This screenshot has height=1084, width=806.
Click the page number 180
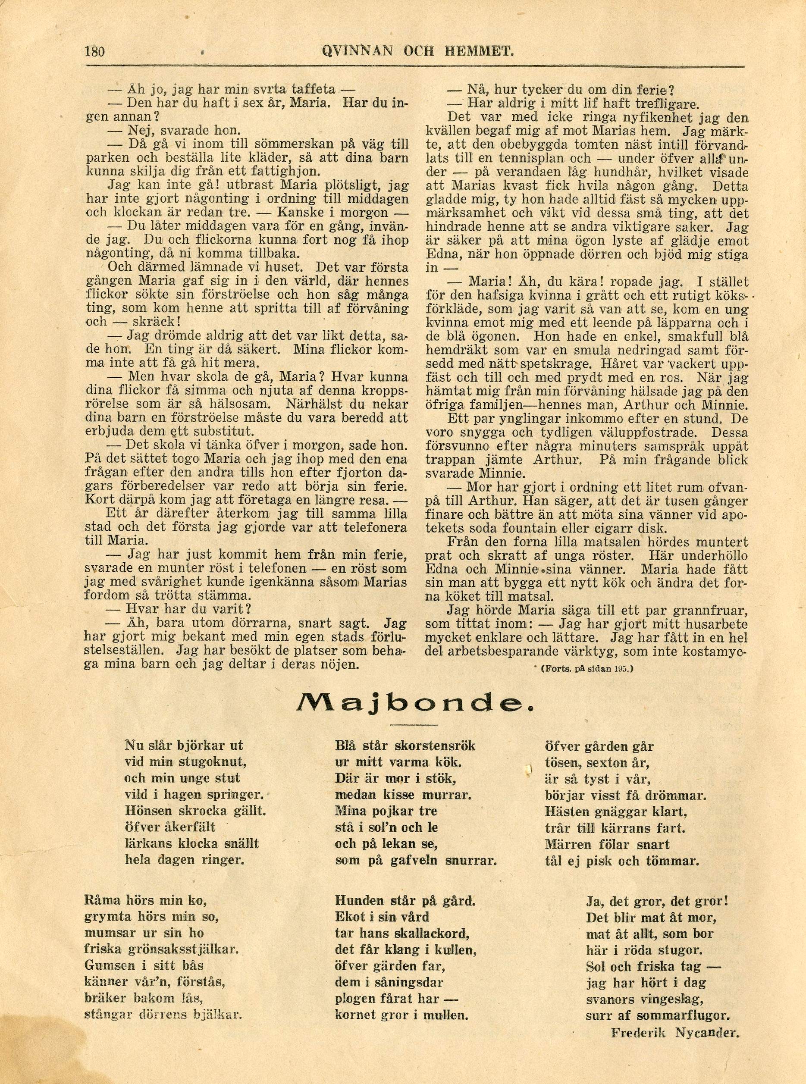94,51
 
